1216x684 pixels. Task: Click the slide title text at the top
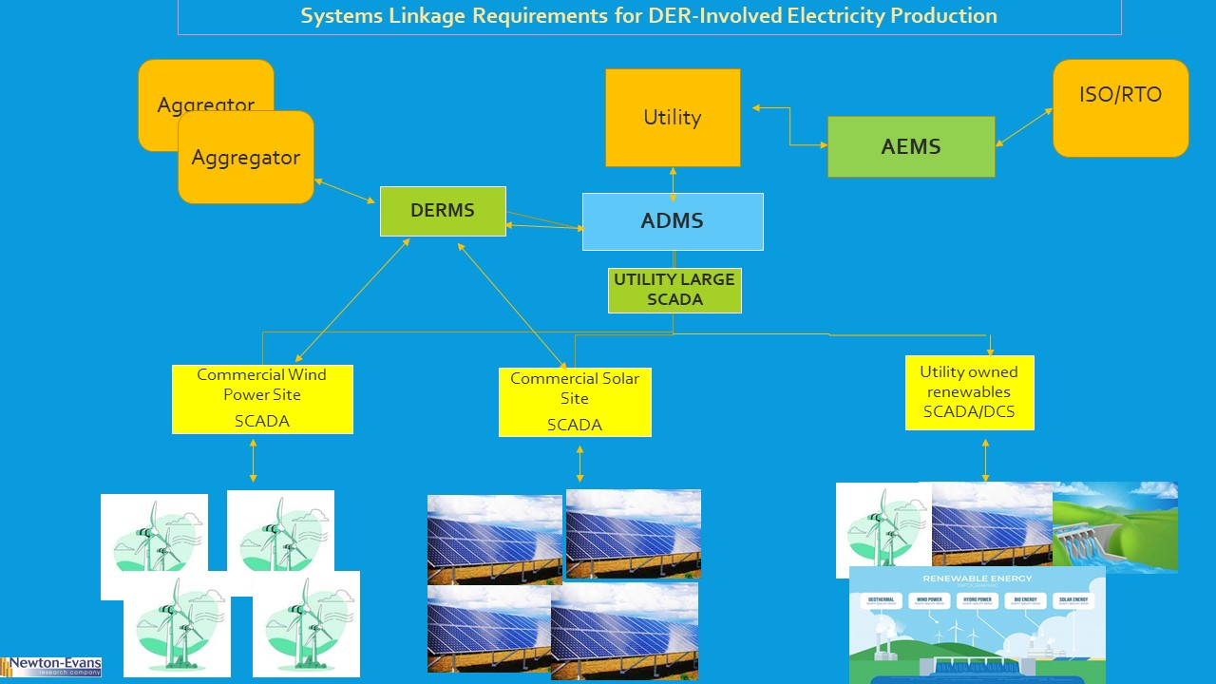[649, 16]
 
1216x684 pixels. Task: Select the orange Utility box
[673, 118]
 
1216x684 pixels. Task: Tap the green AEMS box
[911, 146]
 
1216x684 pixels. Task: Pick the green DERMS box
[442, 211]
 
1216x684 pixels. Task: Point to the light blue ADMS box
[673, 221]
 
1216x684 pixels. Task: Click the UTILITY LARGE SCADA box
[674, 290]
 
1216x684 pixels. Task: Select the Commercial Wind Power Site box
[262, 399]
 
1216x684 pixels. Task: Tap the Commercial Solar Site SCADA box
[575, 402]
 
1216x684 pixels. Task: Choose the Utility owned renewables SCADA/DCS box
[969, 392]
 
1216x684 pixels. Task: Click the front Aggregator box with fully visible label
[246, 158]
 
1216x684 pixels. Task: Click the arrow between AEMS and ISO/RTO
[1024, 127]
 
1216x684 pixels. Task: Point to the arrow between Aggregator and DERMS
[346, 190]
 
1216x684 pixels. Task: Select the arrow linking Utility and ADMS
[674, 183]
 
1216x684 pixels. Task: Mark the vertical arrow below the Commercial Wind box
[253, 462]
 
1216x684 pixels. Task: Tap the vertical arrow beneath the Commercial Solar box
[580, 464]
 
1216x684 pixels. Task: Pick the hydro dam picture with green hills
[1115, 527]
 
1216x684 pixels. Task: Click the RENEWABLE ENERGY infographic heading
[977, 578]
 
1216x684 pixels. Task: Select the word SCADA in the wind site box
[262, 421]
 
